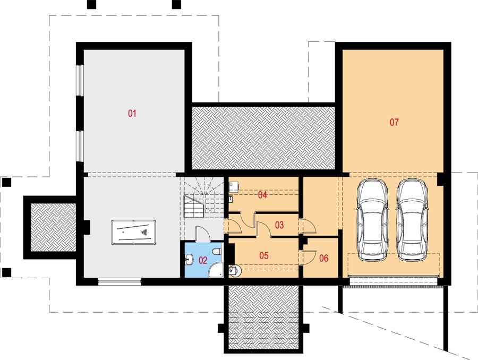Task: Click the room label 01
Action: point(132,114)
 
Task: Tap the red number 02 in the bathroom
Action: point(203,260)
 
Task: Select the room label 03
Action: point(279,225)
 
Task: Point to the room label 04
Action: point(262,195)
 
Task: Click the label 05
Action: point(264,255)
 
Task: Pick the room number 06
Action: point(324,258)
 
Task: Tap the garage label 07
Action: point(394,122)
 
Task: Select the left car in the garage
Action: point(372,220)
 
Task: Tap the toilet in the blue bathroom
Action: point(217,252)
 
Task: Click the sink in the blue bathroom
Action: point(189,260)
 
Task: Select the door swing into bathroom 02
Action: point(202,234)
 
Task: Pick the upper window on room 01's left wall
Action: point(80,80)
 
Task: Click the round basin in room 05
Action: point(235,270)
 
